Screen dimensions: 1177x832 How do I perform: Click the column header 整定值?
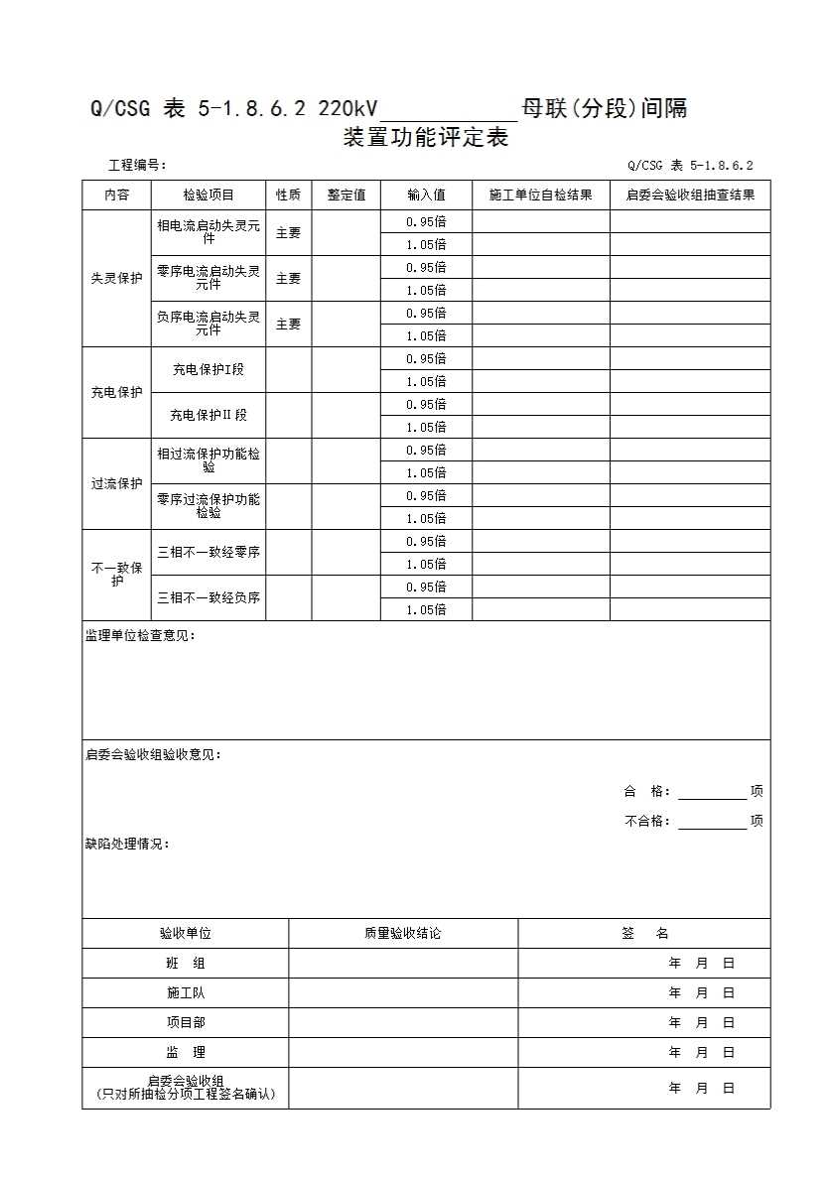pyautogui.click(x=347, y=196)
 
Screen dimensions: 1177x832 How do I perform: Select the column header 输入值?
pyautogui.click(x=426, y=196)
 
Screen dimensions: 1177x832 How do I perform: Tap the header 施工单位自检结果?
pyautogui.click(x=540, y=196)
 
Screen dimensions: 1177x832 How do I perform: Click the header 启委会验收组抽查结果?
pyautogui.click(x=690, y=196)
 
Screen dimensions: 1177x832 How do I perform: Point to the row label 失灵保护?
pyautogui.click(x=116, y=279)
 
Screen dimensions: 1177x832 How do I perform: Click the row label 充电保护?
pyautogui.click(x=116, y=393)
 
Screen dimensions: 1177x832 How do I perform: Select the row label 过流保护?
pyautogui.click(x=116, y=484)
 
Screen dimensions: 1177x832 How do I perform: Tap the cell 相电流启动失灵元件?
pyautogui.click(x=208, y=232)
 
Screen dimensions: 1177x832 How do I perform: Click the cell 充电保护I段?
pyautogui.click(x=208, y=370)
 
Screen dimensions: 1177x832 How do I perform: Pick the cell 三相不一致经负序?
pyautogui.click(x=208, y=598)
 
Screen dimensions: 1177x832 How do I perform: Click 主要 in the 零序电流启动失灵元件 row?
pyautogui.click(x=288, y=279)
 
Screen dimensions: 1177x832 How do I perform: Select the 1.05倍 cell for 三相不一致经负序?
pyautogui.click(x=426, y=610)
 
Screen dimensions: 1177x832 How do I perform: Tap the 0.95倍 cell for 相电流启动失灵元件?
pyautogui.click(x=426, y=221)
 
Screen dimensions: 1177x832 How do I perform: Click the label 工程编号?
pyautogui.click(x=137, y=166)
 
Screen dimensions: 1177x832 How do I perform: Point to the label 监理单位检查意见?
pyautogui.click(x=140, y=636)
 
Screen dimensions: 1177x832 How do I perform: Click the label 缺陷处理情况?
pyautogui.click(x=127, y=845)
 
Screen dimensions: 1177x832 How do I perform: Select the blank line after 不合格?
pyautogui.click(x=712, y=822)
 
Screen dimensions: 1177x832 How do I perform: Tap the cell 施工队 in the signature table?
pyautogui.click(x=186, y=992)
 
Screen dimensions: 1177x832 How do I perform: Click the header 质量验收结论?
pyautogui.click(x=403, y=934)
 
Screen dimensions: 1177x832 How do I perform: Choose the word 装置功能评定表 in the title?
pyautogui.click(x=426, y=138)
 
